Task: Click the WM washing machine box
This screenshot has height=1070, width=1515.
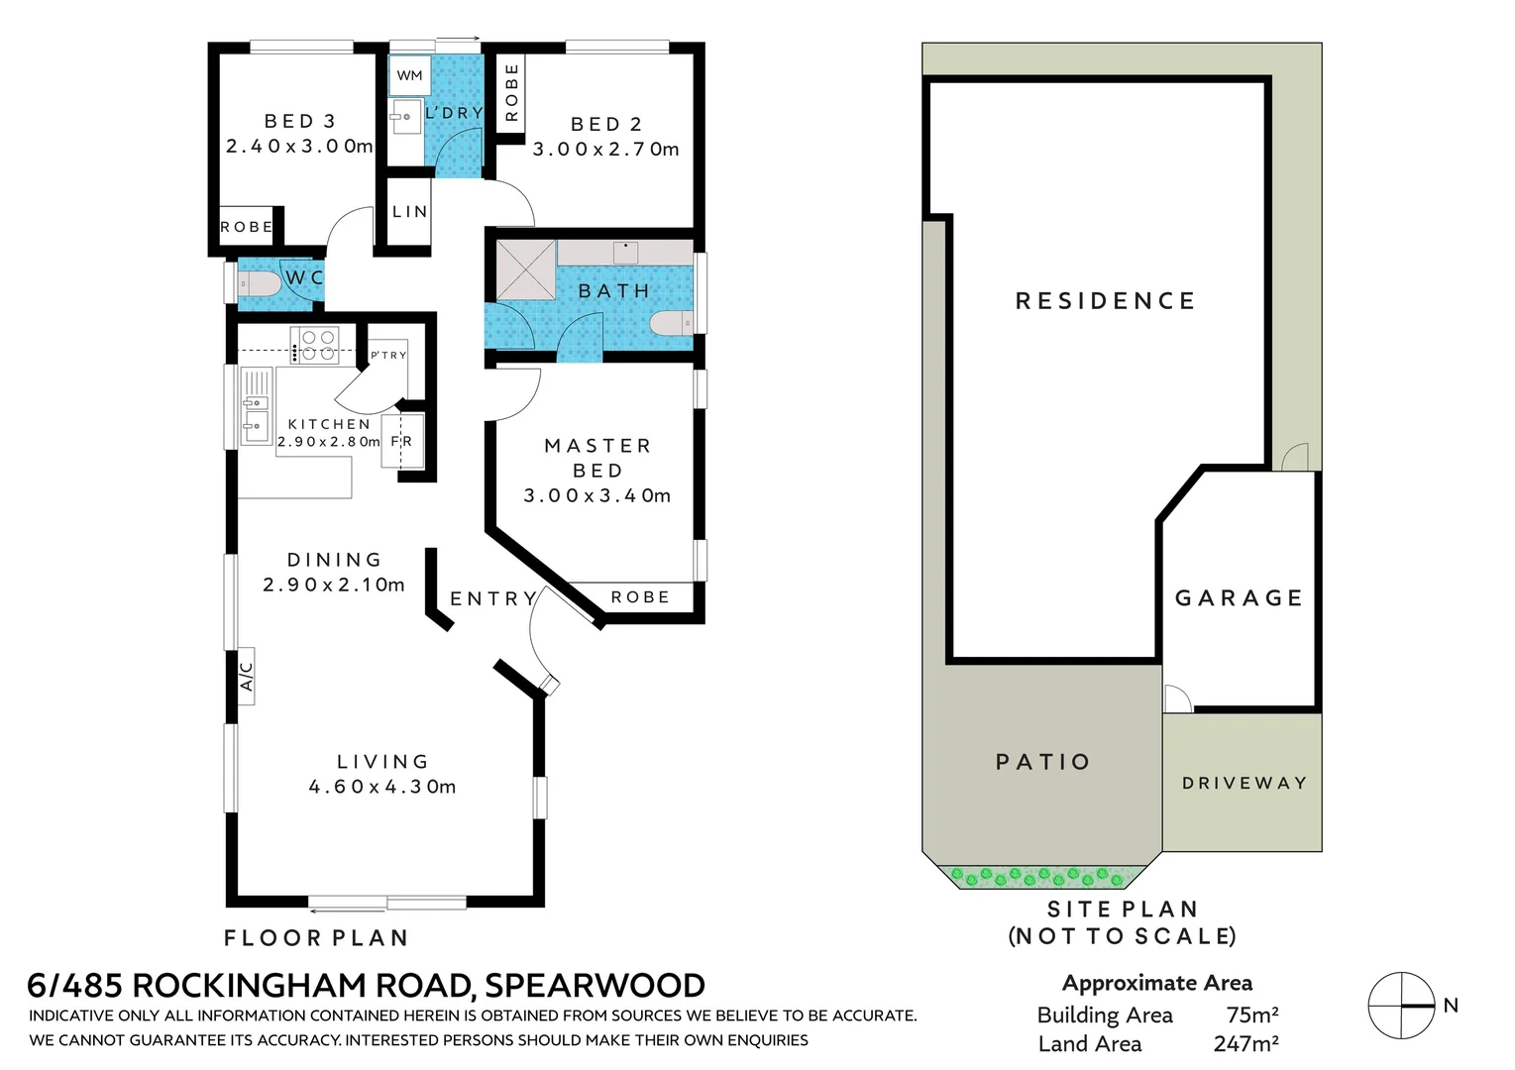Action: (x=409, y=75)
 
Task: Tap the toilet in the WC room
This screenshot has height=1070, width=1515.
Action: (x=261, y=285)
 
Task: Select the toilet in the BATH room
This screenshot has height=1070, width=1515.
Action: (x=671, y=323)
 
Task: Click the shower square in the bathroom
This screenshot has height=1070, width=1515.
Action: (x=525, y=269)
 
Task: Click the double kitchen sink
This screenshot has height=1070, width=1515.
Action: (x=256, y=416)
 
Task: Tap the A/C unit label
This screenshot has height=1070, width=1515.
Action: (x=246, y=676)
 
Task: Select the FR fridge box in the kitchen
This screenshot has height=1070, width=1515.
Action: (x=402, y=442)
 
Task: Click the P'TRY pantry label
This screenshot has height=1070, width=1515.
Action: (x=388, y=355)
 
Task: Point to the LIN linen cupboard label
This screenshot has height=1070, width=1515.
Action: (x=409, y=211)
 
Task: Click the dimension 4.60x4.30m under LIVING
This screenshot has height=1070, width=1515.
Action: (x=382, y=787)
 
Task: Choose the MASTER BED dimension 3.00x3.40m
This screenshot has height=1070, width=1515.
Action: (x=597, y=495)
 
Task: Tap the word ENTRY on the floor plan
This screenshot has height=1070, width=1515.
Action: (x=492, y=598)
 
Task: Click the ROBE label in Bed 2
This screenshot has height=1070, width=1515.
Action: (x=511, y=92)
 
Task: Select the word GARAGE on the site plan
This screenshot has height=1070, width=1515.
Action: (x=1239, y=597)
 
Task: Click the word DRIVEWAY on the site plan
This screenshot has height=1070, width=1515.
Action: (x=1244, y=783)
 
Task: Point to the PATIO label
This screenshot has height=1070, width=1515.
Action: (x=1042, y=762)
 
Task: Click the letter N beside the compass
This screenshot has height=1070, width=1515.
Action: (x=1451, y=1006)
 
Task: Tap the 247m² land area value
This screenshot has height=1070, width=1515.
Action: (x=1245, y=1043)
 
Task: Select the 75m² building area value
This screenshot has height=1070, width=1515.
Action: (x=1251, y=1015)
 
